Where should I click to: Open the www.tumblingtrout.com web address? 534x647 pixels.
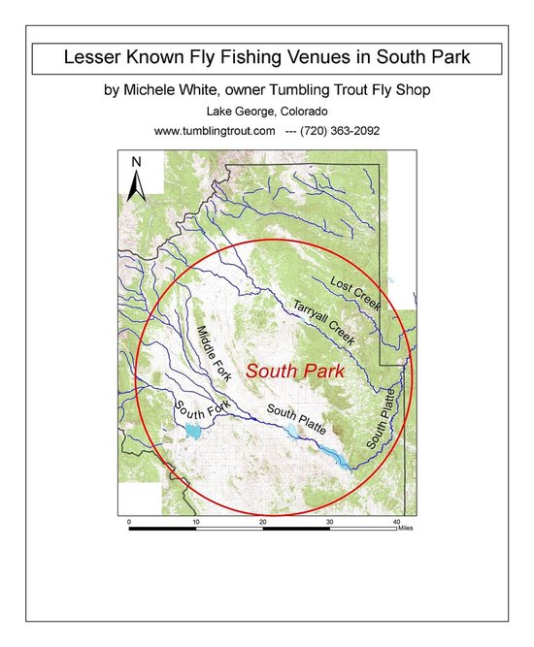(215, 130)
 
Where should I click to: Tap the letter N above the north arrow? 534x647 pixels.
(137, 162)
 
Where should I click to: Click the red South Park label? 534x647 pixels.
(290, 371)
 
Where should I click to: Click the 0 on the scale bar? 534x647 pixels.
(129, 522)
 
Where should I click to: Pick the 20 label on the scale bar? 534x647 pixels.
(263, 522)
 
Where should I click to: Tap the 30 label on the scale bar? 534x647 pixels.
(329, 522)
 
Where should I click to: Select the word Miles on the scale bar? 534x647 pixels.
(406, 529)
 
